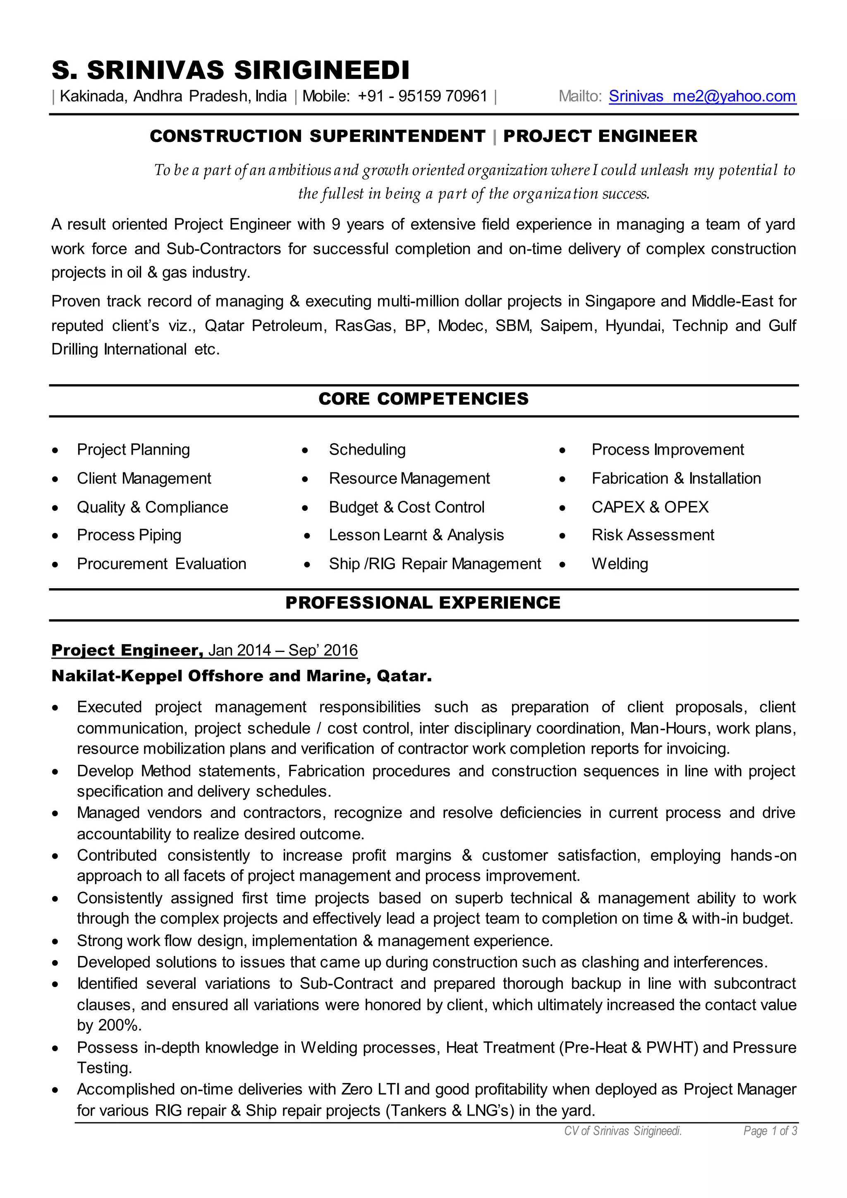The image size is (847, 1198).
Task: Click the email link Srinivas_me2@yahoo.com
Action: (x=702, y=96)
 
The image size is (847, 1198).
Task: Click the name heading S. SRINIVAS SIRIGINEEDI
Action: (x=230, y=70)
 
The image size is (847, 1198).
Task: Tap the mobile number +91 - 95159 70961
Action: (x=422, y=96)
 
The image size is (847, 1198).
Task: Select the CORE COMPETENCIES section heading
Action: (x=423, y=399)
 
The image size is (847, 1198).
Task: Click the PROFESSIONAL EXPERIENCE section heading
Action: (x=422, y=603)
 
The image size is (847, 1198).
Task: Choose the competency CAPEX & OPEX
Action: (x=650, y=507)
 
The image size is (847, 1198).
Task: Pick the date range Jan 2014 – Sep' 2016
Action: (x=283, y=650)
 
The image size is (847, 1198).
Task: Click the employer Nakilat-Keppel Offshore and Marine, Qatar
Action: (x=242, y=676)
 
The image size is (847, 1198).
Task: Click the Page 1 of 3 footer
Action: (x=770, y=1131)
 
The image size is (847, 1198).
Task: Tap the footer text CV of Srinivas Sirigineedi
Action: (x=623, y=1131)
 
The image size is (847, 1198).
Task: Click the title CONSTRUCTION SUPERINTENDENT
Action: (x=317, y=136)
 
